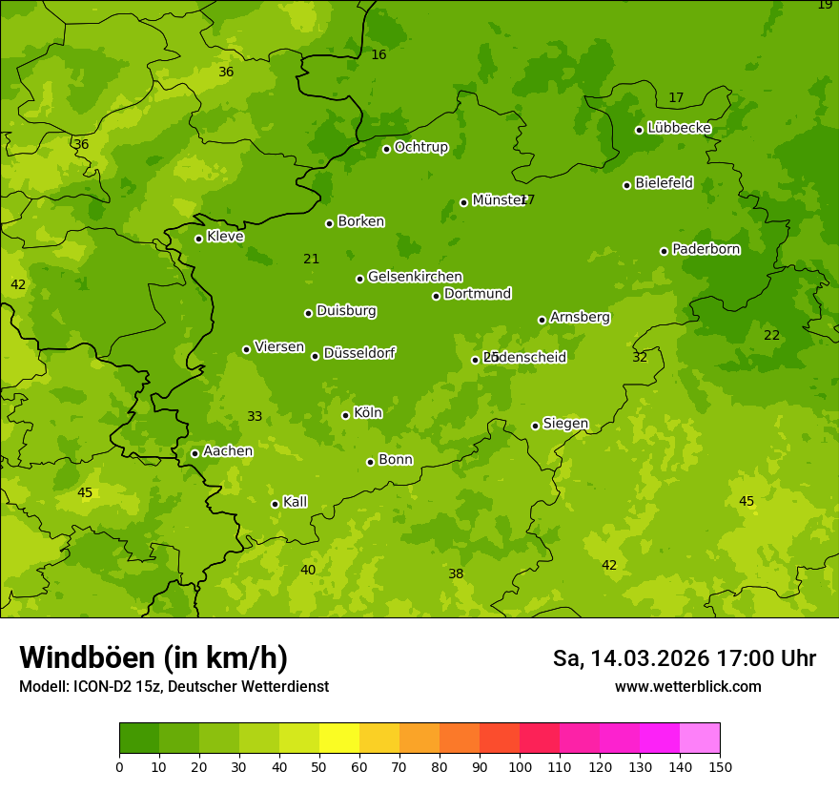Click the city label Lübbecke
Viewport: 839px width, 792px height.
click(679, 128)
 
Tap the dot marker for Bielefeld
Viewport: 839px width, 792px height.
click(627, 185)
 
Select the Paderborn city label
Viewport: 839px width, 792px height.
click(706, 249)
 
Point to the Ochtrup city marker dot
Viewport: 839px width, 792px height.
click(387, 149)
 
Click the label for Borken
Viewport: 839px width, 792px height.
click(360, 221)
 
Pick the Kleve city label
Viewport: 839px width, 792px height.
click(225, 237)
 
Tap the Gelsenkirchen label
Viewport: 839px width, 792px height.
click(415, 277)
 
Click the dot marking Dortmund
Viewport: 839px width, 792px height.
click(437, 296)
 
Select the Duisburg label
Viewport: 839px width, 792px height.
click(346, 311)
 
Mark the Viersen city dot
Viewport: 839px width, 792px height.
click(247, 349)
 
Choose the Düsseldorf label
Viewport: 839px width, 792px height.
click(359, 353)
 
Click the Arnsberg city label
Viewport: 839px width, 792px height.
click(580, 317)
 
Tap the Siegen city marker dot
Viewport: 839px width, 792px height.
click(536, 426)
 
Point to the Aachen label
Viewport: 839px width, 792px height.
click(228, 451)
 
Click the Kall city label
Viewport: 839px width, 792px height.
click(295, 502)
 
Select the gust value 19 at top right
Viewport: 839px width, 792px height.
click(825, 5)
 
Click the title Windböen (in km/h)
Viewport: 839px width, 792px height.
click(153, 657)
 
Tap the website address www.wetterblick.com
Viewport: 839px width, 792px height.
click(687, 686)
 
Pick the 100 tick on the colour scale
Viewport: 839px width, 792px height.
click(520, 766)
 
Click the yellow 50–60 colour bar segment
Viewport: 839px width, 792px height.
click(339, 738)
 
